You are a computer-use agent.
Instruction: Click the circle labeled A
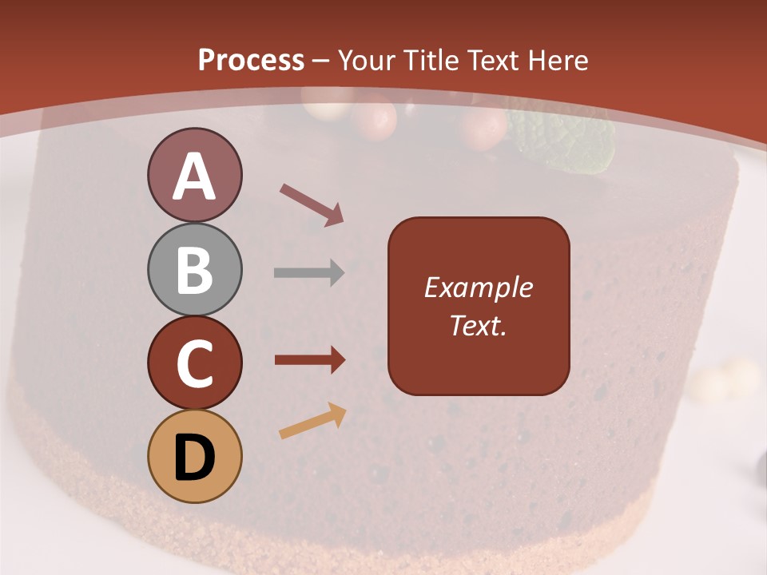coord(194,175)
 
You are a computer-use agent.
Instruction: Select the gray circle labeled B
coord(194,269)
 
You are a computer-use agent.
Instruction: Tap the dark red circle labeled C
coord(194,363)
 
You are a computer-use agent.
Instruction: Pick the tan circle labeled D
coord(194,456)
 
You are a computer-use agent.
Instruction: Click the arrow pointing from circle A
coord(312,204)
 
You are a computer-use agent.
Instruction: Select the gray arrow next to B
coord(309,273)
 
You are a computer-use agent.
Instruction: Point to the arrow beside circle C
coord(309,361)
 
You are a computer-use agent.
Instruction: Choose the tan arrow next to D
coord(312,422)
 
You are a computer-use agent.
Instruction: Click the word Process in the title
coord(251,60)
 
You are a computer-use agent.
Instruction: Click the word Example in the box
coord(478,287)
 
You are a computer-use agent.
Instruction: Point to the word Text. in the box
coord(478,326)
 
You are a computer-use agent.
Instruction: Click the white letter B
coord(194,270)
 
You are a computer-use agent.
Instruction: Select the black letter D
coord(194,457)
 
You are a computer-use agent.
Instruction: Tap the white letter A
coord(194,176)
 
